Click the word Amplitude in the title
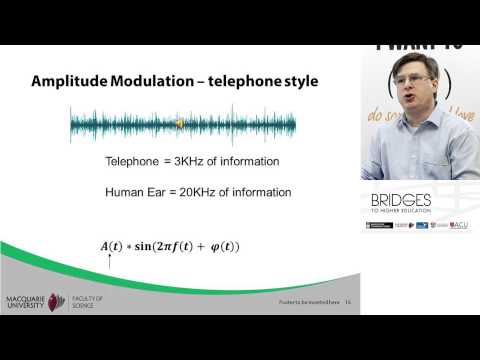tap(72, 81)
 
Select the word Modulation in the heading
tap(154, 81)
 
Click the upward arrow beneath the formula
tap(107, 262)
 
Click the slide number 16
tap(349, 302)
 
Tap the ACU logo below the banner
tap(458, 226)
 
